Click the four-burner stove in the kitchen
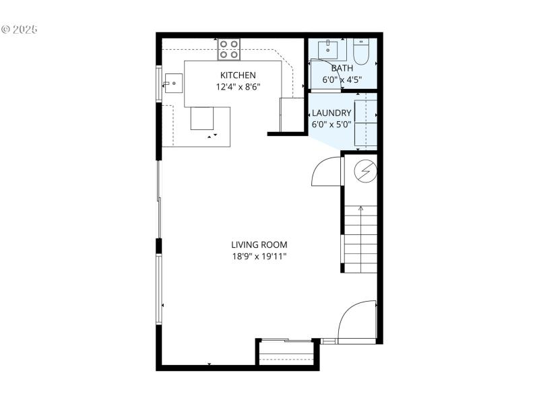point(229,49)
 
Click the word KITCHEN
point(238,75)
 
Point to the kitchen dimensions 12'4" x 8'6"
point(238,87)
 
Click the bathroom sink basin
point(331,48)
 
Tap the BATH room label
point(342,68)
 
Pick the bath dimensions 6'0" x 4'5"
point(342,79)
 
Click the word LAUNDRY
point(331,112)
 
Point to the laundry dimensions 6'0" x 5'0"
point(331,125)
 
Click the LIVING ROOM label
point(259,244)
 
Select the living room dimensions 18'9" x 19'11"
point(259,257)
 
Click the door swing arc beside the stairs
point(325,172)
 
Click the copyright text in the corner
point(20,30)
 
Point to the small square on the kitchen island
point(201,119)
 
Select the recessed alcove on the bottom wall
point(287,351)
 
